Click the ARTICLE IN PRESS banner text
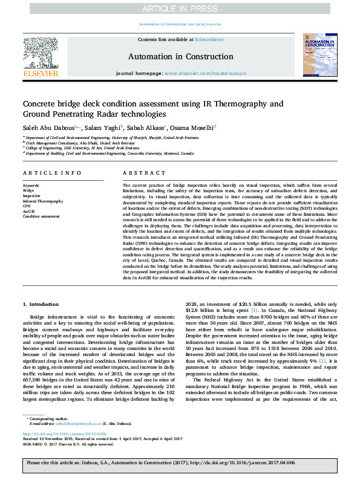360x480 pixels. click(180, 8)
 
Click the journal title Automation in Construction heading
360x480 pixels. click(180, 57)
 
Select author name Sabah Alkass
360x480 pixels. click(145, 127)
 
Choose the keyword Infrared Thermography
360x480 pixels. click(42, 201)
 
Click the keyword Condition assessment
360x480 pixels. click(41, 215)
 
